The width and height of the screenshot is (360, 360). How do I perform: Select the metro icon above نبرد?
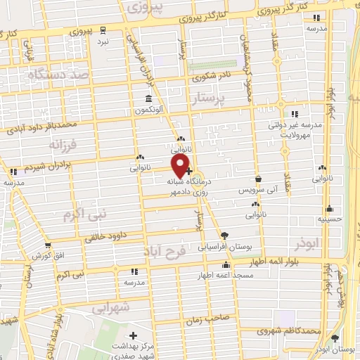[x=103, y=30]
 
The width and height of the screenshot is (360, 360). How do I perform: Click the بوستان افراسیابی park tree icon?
[x=224, y=235]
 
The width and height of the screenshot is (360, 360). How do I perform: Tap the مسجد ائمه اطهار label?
[x=225, y=276]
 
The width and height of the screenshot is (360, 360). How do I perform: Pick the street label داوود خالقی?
[x=112, y=237]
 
